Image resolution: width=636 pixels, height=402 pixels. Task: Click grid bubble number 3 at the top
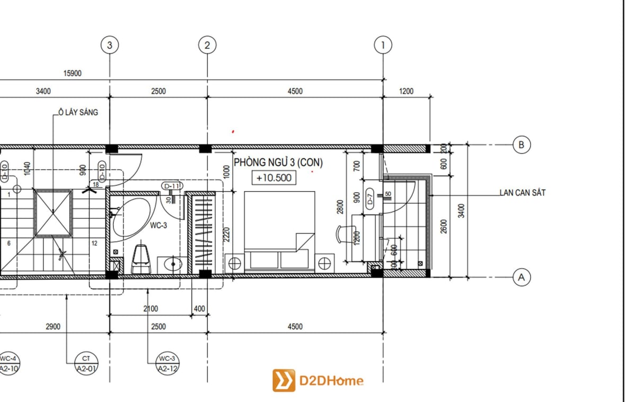[x=110, y=45]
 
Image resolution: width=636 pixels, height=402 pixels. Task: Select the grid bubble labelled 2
[x=207, y=45]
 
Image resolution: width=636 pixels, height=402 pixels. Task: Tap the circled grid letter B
[x=522, y=145]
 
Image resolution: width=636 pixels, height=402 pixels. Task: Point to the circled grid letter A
[x=522, y=277]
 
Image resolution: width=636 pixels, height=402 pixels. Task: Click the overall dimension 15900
[x=72, y=74]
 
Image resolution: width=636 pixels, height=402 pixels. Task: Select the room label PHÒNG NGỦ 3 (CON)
[x=278, y=163]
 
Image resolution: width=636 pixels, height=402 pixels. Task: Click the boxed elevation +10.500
[x=273, y=178]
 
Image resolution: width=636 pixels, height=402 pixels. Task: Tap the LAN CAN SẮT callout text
[x=522, y=193]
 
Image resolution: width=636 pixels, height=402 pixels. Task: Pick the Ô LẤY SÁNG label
[x=78, y=112]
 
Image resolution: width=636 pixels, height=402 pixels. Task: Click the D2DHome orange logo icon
[x=284, y=380]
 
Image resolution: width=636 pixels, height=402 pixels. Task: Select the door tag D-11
[x=172, y=186]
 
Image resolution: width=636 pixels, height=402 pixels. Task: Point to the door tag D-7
[x=370, y=200]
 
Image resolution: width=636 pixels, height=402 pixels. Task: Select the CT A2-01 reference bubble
[x=86, y=364]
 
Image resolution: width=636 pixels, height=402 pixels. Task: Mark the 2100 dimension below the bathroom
[x=150, y=309]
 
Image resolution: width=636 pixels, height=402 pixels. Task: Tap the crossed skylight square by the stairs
[x=53, y=213]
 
